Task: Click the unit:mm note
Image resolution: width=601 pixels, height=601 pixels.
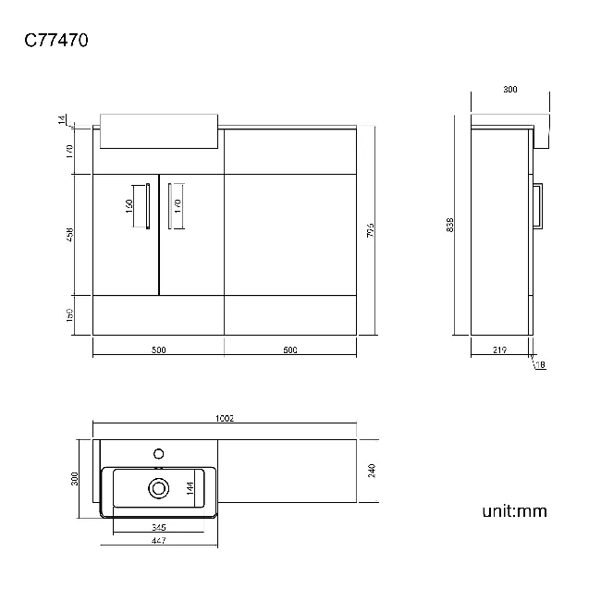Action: (x=515, y=510)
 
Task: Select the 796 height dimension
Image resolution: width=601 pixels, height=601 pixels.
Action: (x=370, y=229)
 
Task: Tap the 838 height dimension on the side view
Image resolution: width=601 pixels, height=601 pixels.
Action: (x=450, y=225)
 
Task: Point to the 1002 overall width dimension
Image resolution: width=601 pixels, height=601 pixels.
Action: (x=224, y=419)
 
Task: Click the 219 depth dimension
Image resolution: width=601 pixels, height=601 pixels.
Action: (x=499, y=350)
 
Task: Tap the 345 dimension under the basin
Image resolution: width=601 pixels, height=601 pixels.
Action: (x=158, y=526)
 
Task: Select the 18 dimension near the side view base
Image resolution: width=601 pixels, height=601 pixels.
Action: (x=541, y=365)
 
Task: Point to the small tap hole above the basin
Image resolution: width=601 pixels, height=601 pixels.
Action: (x=158, y=453)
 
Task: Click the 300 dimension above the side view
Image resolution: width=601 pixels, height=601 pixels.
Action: (x=509, y=90)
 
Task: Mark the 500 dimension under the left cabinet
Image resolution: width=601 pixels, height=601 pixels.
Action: (x=158, y=350)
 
